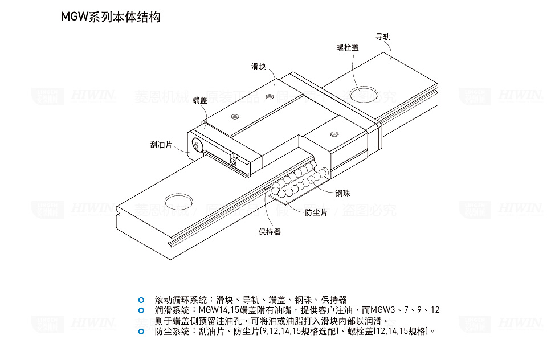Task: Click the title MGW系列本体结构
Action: [x=111, y=17]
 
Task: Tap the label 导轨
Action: [x=383, y=36]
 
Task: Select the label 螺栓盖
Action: [x=348, y=47]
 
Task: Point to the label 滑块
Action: [x=259, y=67]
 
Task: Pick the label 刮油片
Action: [x=161, y=145]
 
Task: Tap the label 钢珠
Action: [x=342, y=194]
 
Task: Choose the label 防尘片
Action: [x=316, y=212]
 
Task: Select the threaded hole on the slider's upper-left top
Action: [x=234, y=117]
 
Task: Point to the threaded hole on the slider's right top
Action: [x=334, y=134]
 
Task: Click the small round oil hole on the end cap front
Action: [x=234, y=162]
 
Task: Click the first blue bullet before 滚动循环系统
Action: [x=141, y=300]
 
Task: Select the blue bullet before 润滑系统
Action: [x=141, y=310]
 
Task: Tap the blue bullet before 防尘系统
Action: [x=141, y=330]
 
